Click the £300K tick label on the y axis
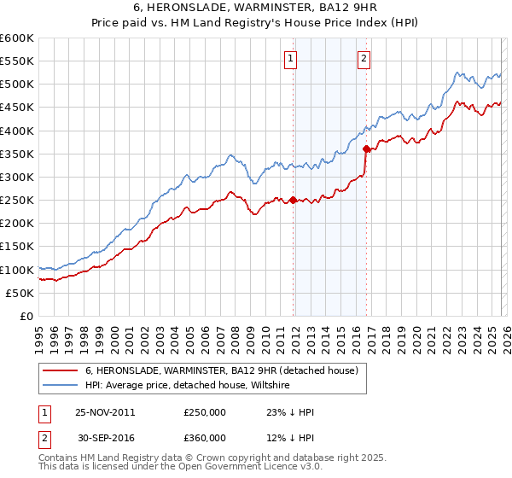pos(16,177)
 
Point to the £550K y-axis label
pos(16,61)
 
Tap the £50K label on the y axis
pos(20,293)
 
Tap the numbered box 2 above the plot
pos(364,59)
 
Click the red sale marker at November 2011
pos(293,201)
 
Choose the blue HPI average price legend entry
pos(187,386)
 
